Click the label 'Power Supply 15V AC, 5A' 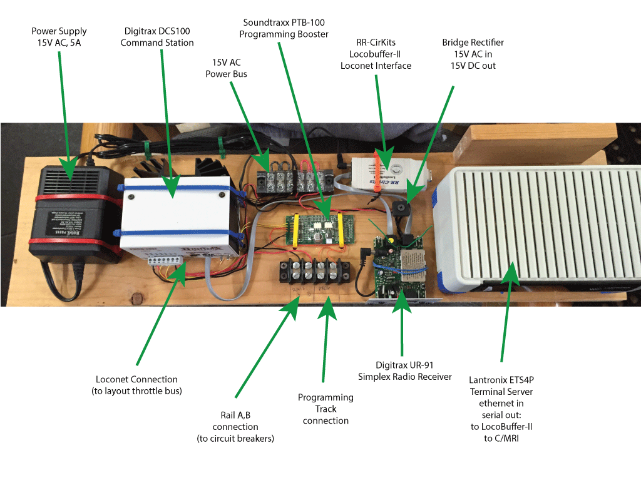coord(59,37)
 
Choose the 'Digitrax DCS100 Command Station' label coord(157,37)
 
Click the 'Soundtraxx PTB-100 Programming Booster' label coord(285,29)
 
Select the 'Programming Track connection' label coord(326,409)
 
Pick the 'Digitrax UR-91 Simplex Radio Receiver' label coord(404,370)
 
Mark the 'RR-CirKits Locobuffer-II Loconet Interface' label coord(376,54)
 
